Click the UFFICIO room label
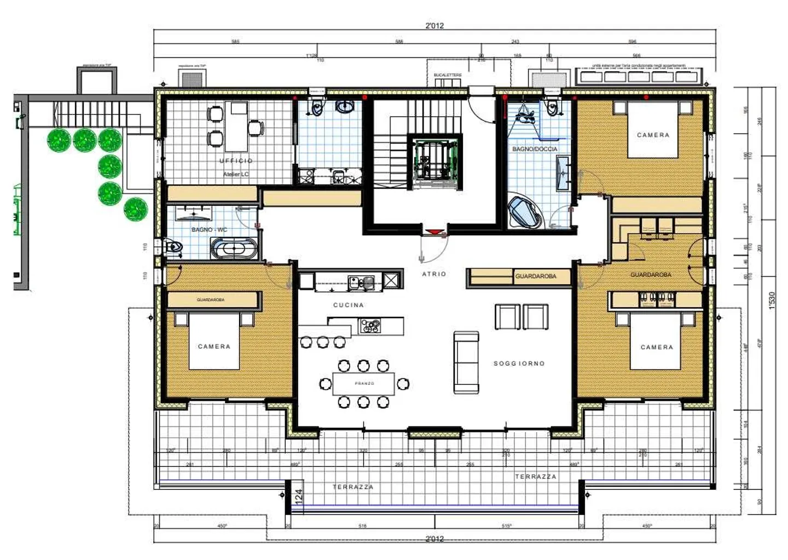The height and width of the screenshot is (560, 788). [236, 161]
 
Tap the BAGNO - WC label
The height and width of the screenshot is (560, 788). [209, 229]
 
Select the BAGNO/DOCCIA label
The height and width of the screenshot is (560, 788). [535, 149]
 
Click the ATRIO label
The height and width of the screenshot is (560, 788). [434, 274]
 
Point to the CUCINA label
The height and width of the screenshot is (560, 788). [349, 305]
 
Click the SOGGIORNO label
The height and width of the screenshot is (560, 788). [519, 363]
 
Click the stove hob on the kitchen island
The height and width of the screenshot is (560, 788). [370, 326]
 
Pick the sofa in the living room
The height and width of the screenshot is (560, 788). [466, 362]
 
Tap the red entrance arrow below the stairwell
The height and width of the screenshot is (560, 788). [434, 232]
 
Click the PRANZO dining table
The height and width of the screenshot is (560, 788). [364, 384]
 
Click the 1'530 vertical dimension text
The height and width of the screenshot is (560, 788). [772, 300]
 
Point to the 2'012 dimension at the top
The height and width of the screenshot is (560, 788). [434, 25]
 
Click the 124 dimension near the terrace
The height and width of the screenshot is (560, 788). [299, 497]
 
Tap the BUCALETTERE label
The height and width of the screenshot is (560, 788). [448, 75]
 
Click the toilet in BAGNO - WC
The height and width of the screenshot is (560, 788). [172, 247]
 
